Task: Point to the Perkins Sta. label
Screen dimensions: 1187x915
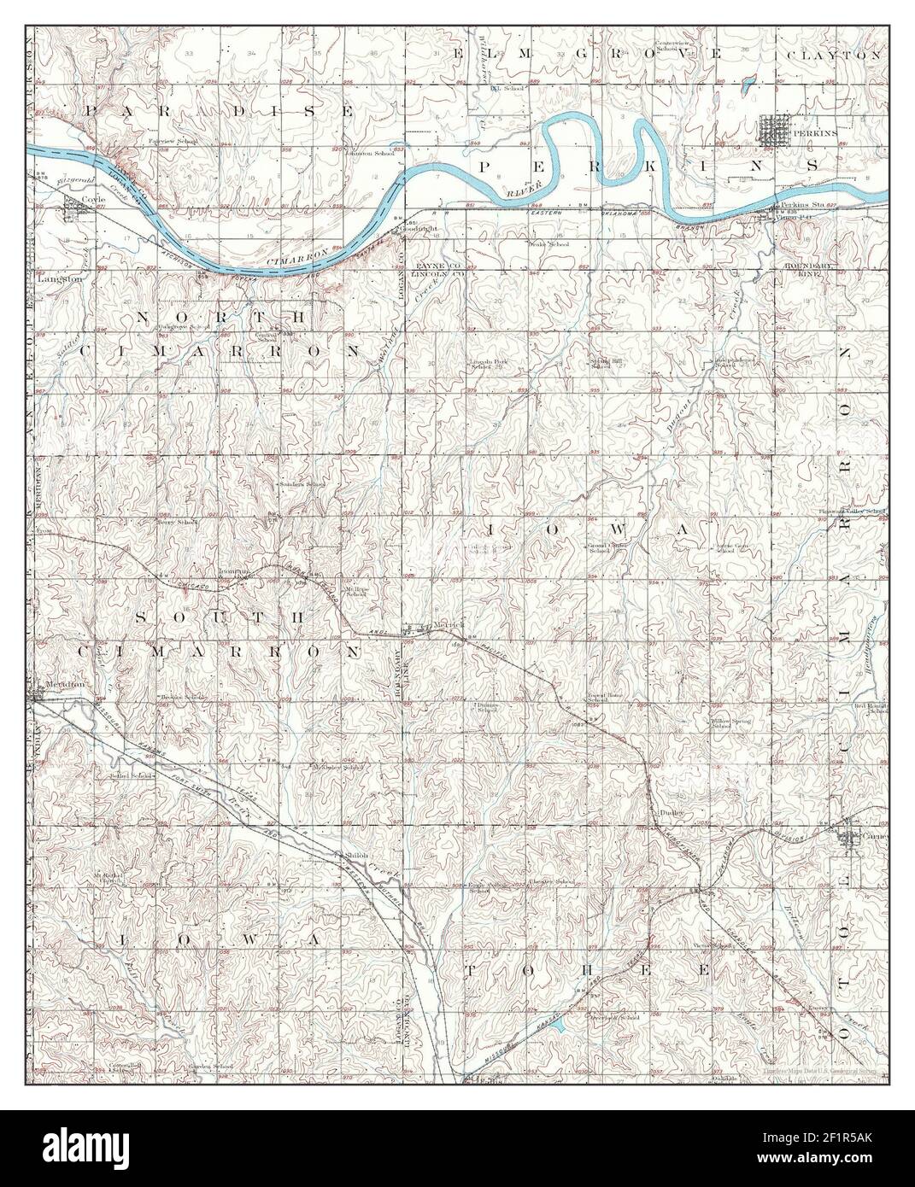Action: click(794, 207)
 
